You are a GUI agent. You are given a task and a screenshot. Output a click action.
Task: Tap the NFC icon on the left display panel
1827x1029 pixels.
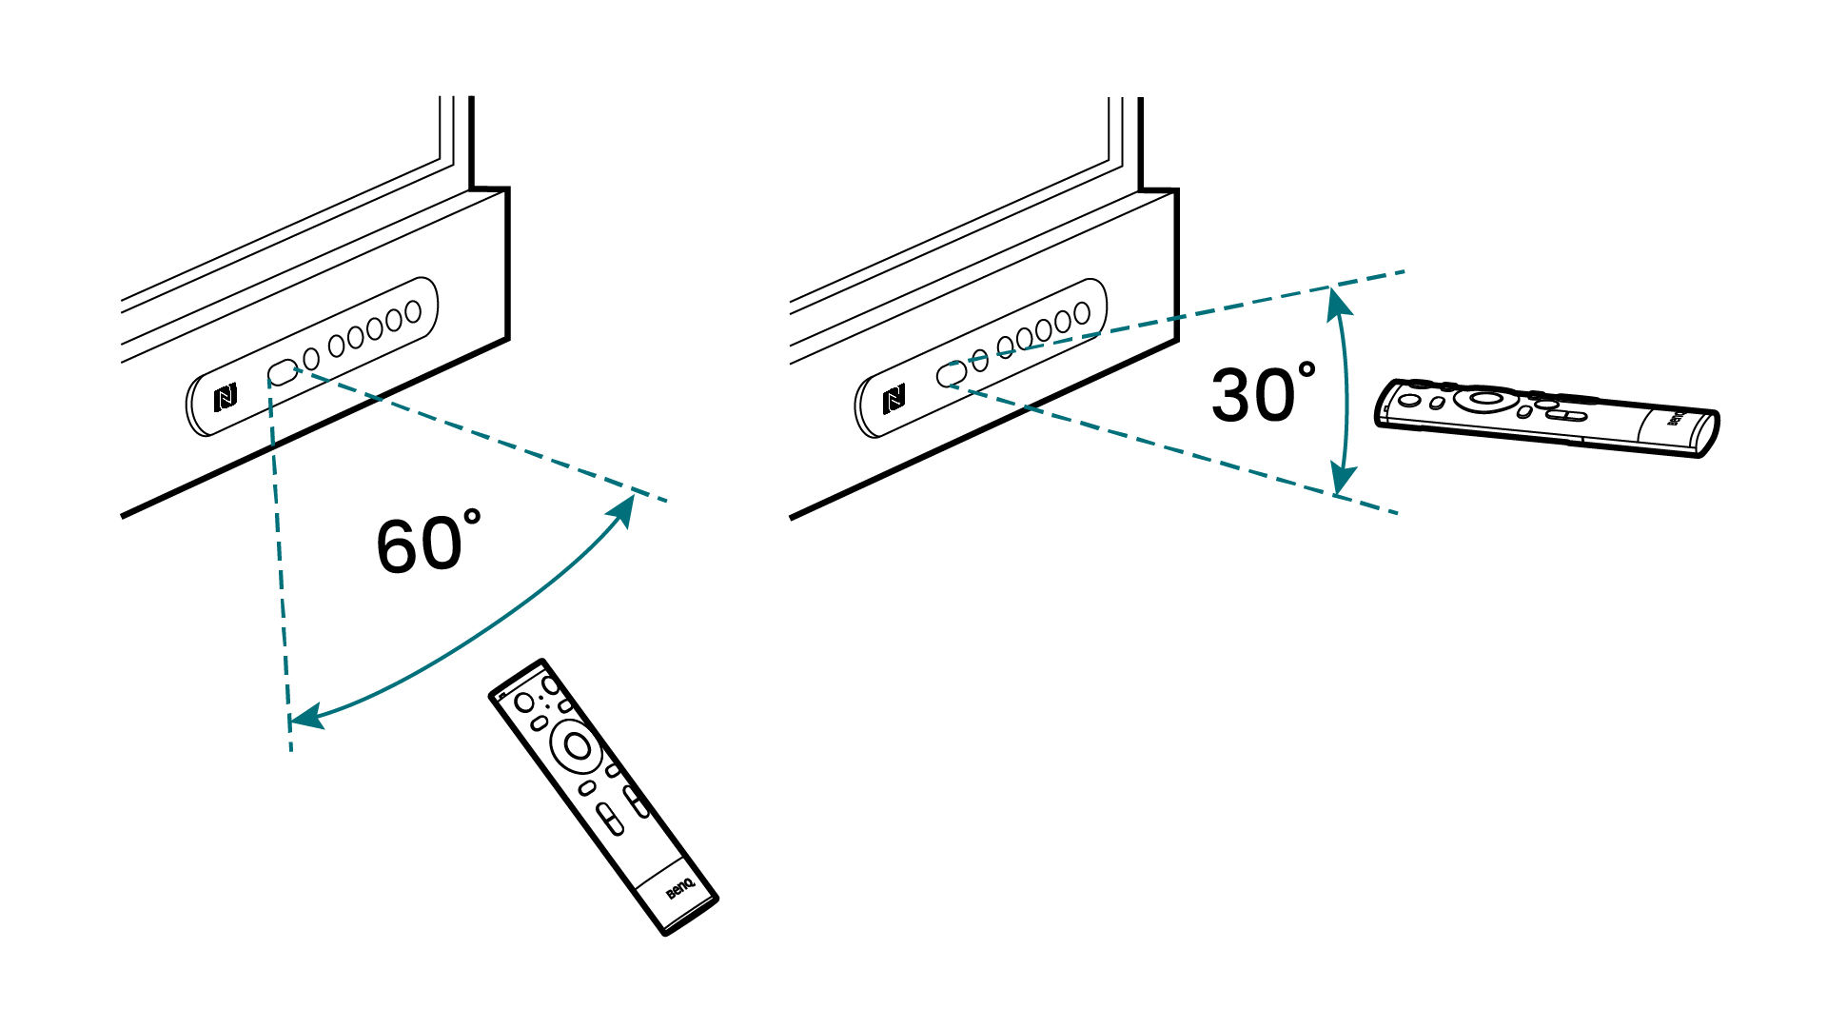click(x=226, y=397)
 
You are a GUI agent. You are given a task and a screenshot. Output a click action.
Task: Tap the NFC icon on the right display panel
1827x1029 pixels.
click(x=894, y=400)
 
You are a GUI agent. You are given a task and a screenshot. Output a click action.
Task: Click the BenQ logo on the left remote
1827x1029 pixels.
click(x=679, y=889)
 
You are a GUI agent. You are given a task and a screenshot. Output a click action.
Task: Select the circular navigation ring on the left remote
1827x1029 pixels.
click(x=577, y=745)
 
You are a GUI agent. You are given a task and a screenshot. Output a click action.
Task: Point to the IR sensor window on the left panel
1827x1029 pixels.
click(x=283, y=372)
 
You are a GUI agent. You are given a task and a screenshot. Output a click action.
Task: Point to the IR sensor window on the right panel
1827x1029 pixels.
click(x=952, y=374)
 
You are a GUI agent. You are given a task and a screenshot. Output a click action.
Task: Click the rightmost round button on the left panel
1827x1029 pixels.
click(x=412, y=312)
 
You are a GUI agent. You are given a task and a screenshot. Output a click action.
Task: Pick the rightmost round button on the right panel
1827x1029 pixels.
click(x=1081, y=313)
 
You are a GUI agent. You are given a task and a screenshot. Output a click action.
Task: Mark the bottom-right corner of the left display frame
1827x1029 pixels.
click(x=507, y=338)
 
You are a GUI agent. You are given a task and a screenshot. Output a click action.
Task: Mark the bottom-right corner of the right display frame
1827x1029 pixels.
click(x=1177, y=340)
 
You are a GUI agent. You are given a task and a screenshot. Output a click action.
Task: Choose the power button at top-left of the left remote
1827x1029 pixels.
click(x=524, y=702)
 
